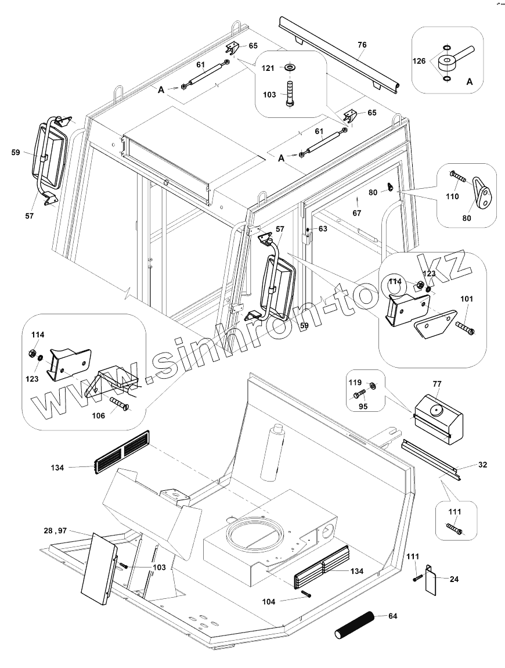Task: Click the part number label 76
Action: coord(362,45)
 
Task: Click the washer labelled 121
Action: coord(289,68)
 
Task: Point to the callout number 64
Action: coord(392,616)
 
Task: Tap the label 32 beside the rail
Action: coord(482,464)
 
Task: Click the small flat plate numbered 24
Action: coord(431,581)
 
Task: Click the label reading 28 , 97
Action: coord(55,530)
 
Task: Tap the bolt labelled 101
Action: coord(466,328)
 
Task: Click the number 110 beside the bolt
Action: coord(452,196)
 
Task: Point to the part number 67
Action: coord(356,213)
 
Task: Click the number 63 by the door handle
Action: coord(323,229)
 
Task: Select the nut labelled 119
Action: coord(373,385)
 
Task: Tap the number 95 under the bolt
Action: coord(363,406)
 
